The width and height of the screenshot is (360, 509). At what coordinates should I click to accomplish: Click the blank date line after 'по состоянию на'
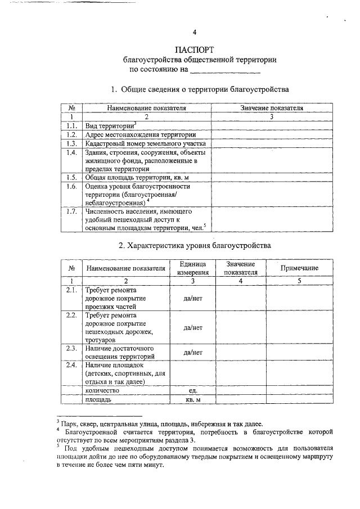tap(225, 71)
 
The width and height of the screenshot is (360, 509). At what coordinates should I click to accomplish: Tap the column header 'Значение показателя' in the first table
tap(272, 107)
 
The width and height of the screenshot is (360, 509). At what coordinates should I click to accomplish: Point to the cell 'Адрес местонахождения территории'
tap(140, 135)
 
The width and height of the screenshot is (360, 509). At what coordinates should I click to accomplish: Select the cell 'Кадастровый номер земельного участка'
tap(146, 144)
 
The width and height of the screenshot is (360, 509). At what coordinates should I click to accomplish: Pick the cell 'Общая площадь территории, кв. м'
tap(136, 177)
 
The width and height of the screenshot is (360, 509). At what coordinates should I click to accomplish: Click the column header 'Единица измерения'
tap(193, 268)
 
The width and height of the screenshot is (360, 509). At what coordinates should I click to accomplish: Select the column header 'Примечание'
tap(299, 268)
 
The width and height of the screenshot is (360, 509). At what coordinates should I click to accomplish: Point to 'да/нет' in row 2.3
tap(193, 352)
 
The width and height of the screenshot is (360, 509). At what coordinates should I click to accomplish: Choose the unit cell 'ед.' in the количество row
tap(193, 390)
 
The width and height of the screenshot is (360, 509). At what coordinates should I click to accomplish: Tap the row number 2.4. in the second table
tap(71, 366)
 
